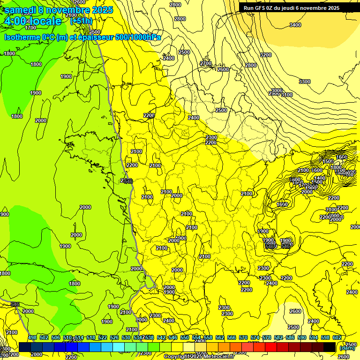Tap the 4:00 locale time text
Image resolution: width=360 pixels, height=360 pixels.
pyautogui.click(x=33, y=21)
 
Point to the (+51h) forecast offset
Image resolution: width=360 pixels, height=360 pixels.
pyautogui.click(x=81, y=21)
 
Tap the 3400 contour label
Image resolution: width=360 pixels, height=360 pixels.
pyautogui.click(x=295, y=25)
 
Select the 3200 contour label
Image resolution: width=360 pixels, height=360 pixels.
pyautogui.click(x=265, y=55)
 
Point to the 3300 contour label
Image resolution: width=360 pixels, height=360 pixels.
pyautogui.click(x=305, y=82)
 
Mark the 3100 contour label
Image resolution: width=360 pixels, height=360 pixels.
pyautogui.click(x=286, y=95)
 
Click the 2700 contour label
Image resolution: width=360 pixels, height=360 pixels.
pyautogui.click(x=206, y=63)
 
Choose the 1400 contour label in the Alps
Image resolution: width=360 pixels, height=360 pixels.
pyautogui.click(x=320, y=178)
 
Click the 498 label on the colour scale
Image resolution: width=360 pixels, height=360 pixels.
pyautogui.click(x=32, y=338)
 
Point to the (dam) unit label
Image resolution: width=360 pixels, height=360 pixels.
pyautogui.click(x=347, y=348)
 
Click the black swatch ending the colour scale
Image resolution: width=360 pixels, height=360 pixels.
pyautogui.click(x=330, y=347)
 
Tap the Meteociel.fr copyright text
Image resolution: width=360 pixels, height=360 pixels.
pyautogui.click(x=199, y=356)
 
